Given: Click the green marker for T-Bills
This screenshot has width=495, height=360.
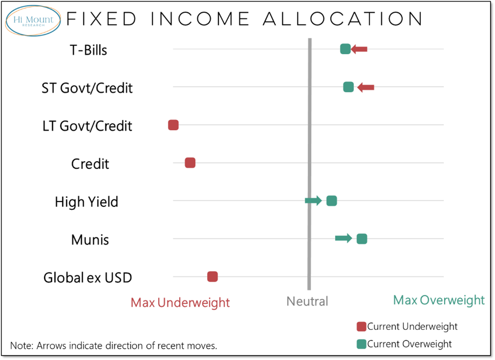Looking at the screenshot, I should click(345, 49).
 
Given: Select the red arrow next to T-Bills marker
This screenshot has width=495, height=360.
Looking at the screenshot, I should click(359, 49).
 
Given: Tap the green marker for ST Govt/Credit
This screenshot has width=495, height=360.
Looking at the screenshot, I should click(348, 87).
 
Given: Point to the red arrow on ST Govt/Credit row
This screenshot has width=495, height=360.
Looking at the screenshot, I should click(366, 87).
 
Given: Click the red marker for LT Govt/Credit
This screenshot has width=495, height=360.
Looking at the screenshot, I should click(173, 125).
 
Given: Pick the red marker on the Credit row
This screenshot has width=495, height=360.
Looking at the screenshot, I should click(190, 163).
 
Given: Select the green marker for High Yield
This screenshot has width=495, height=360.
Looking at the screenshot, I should click(331, 201).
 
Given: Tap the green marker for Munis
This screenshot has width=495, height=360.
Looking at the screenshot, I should click(362, 239).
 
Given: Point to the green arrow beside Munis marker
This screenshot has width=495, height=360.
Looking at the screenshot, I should click(343, 238).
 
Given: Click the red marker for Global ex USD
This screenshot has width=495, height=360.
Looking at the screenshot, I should click(212, 277).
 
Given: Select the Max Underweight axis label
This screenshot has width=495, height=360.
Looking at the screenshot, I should click(180, 302).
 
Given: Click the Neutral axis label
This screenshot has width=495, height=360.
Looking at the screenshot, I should click(307, 301).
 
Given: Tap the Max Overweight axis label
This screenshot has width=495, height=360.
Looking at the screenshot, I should click(439, 300).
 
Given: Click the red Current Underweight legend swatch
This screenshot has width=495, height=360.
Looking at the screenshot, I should click(362, 327).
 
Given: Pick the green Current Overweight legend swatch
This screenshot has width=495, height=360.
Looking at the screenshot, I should click(362, 344).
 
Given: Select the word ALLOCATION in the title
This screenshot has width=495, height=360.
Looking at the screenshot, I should click(343, 20).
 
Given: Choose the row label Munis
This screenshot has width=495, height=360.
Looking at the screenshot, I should click(90, 240).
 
